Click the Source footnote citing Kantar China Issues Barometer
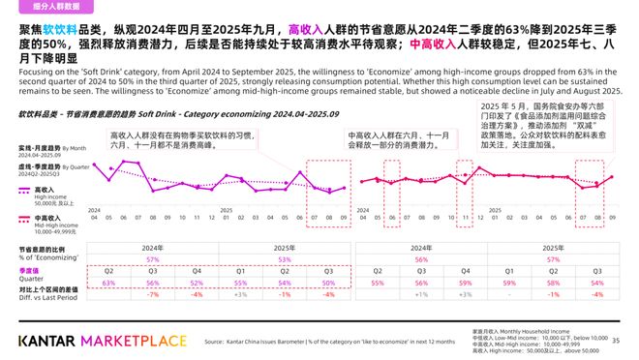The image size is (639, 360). tap(329, 342)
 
